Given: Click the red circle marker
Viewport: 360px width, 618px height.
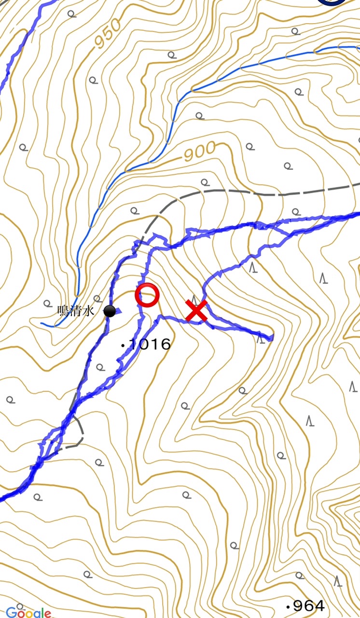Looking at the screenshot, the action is [147, 295].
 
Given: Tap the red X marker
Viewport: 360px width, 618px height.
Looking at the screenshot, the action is [197, 310].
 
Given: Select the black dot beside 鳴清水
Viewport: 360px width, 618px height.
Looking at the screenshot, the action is [110, 311].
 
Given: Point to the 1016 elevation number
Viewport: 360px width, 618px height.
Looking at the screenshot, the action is [150, 344].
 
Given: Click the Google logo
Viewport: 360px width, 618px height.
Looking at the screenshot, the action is [28, 612].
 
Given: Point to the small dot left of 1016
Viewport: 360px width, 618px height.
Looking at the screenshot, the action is [124, 345].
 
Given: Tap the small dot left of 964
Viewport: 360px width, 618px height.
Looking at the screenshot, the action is [288, 606].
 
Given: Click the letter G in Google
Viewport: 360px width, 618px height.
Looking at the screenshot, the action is [11, 612].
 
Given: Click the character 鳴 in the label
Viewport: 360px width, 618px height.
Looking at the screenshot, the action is [63, 310].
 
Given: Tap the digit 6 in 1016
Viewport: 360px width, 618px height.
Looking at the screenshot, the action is [165, 344].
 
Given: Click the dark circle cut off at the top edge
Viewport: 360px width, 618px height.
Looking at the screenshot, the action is [331, 2].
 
